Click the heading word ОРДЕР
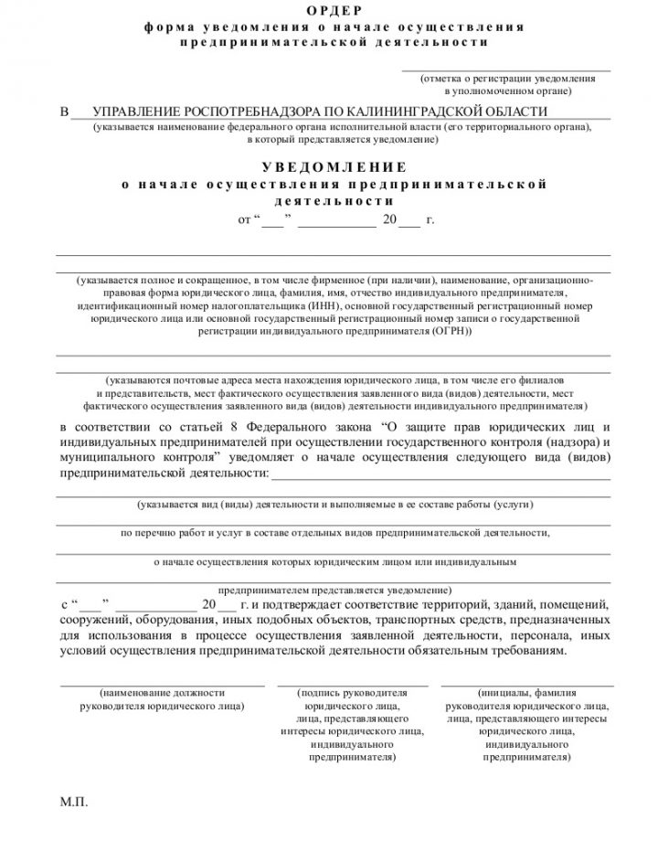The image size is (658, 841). (x=328, y=11)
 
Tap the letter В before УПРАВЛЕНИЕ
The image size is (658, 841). (x=64, y=112)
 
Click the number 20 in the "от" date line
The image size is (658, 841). (x=390, y=221)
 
